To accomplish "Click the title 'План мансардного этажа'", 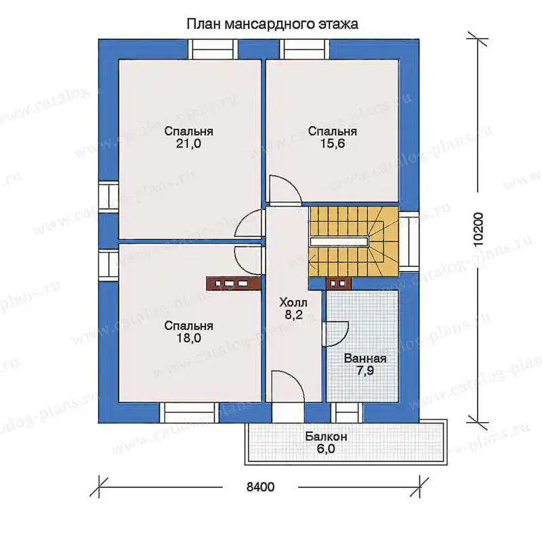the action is pos(272,24).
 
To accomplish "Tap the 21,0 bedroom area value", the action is pos(188,143).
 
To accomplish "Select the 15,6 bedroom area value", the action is pos(333,143).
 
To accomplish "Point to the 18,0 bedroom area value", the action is pos(189,337).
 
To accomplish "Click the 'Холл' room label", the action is pos(293,303).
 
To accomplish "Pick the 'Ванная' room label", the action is pos(365,358).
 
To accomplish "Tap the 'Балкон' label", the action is pos(326,436).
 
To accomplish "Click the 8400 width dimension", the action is pos(261,487).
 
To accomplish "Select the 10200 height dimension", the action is pos(478,230).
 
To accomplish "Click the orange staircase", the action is pos(354,241).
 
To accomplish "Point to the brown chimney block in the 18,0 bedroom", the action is pos(233,283).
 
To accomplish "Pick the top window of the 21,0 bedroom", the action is pos(213,49).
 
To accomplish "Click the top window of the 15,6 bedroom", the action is pos(304,49).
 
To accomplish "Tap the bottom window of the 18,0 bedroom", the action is pos(190,413).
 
